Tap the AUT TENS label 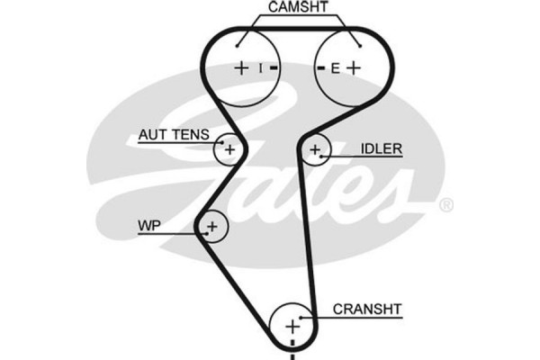173,135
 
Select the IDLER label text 381,148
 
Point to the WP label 149,224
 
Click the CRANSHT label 367,309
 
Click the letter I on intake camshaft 260,67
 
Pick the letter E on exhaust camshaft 333,67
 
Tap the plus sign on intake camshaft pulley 241,67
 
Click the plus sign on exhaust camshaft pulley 353,67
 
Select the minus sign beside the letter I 274,67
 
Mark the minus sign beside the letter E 319,67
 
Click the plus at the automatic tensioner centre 229,149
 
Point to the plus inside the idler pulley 315,149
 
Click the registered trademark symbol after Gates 445,206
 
